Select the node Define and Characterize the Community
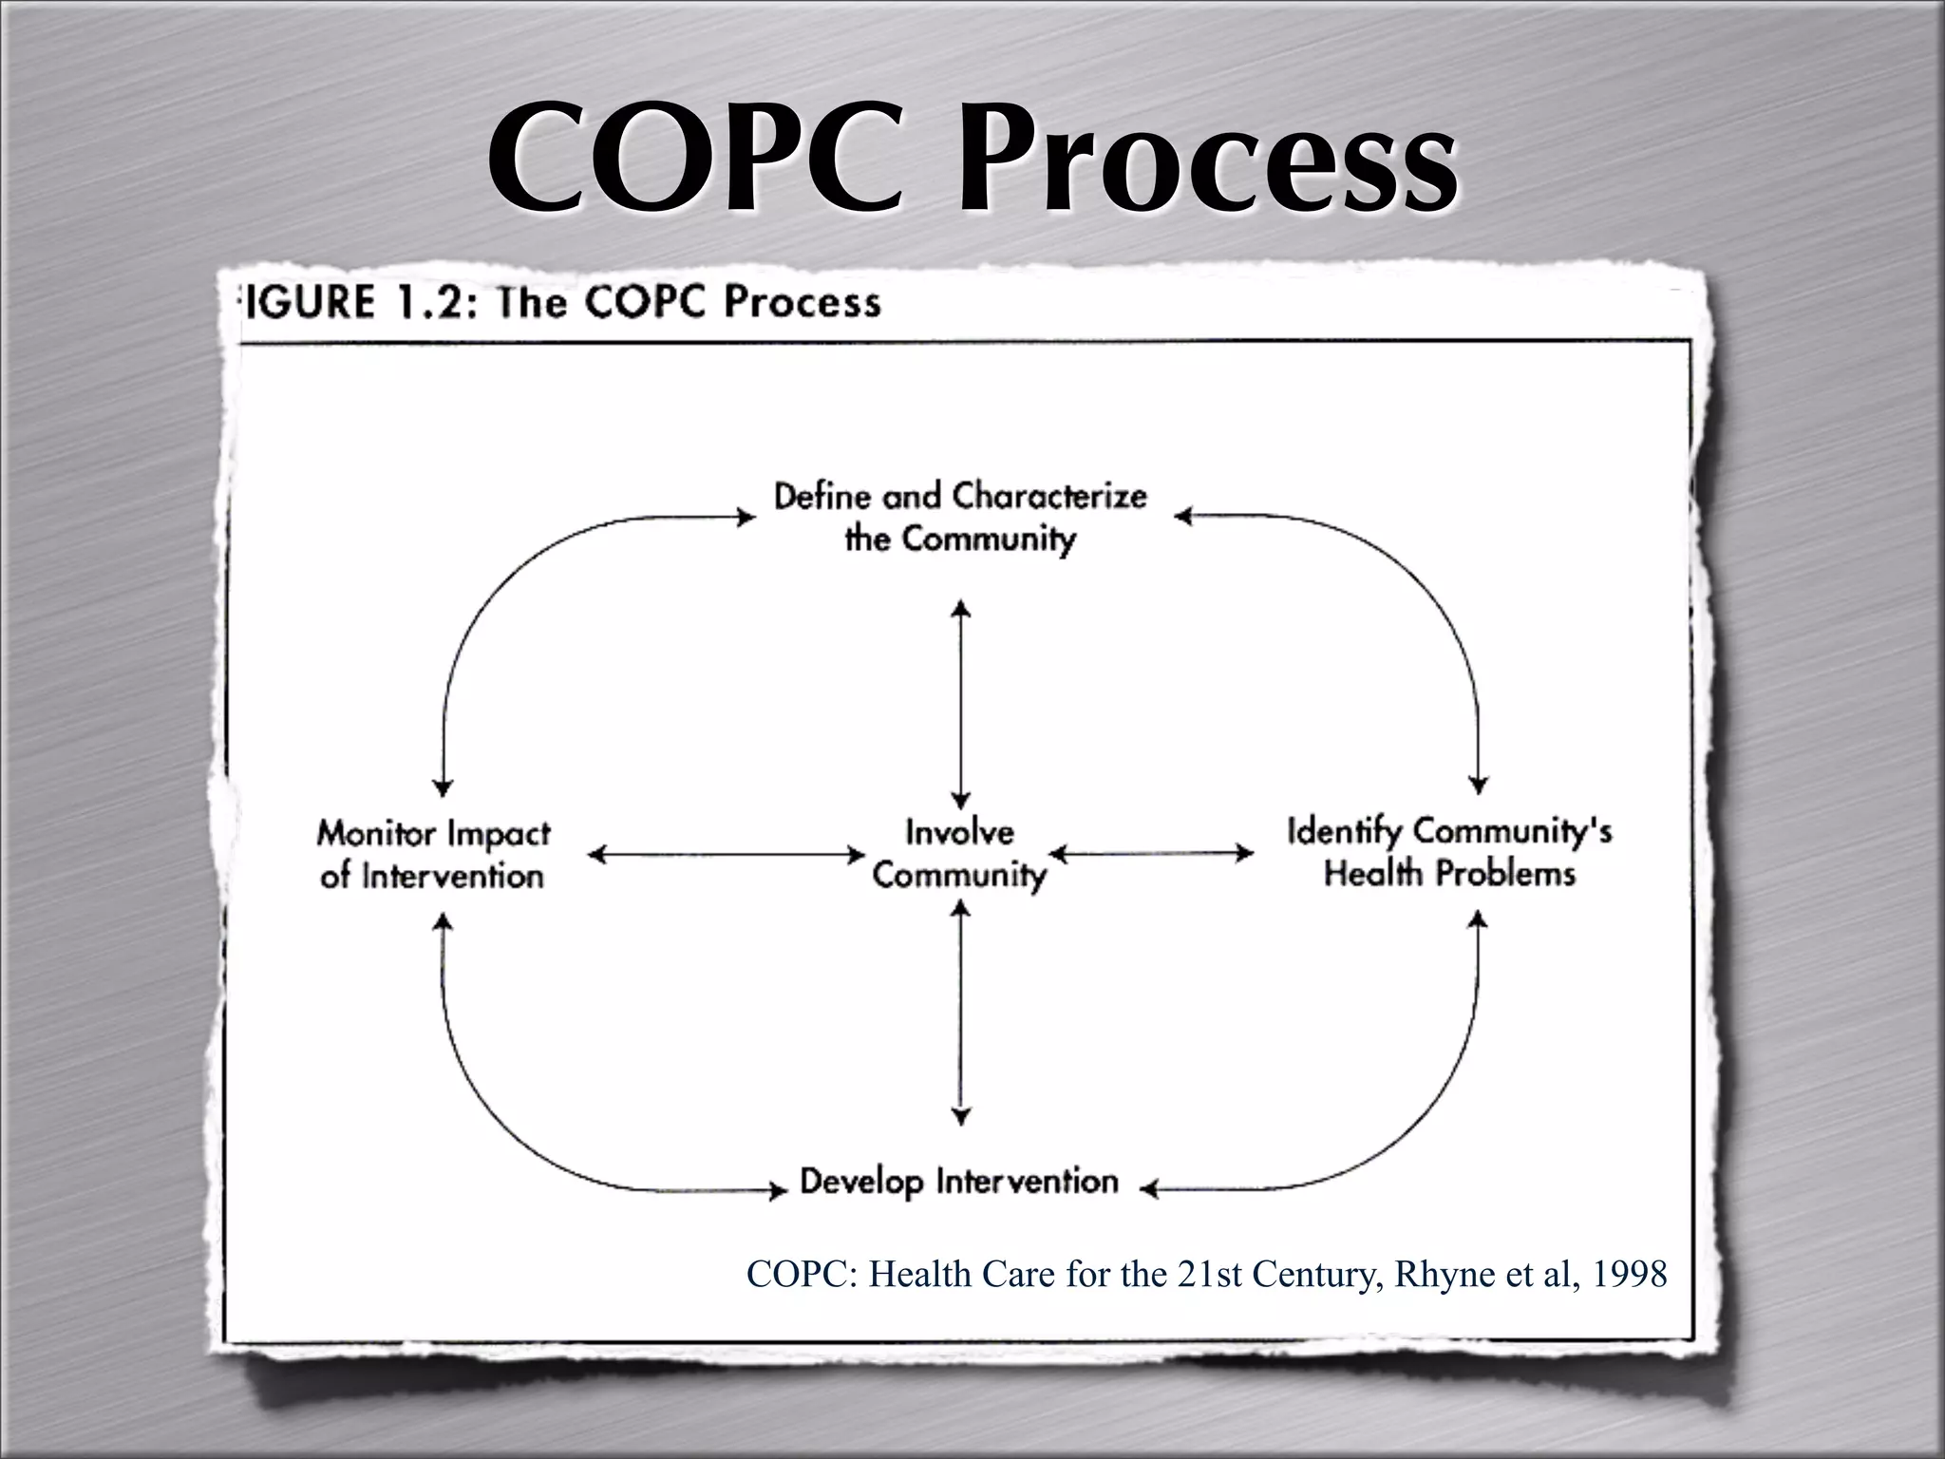960,518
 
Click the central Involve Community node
959,853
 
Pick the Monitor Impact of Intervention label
433,854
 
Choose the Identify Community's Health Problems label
1449,852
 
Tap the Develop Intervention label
959,1182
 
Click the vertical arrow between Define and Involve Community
961,703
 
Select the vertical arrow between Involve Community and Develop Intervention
961,1012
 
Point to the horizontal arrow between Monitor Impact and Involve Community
727,855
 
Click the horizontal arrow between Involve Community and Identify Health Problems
1151,854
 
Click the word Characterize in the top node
1049,496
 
